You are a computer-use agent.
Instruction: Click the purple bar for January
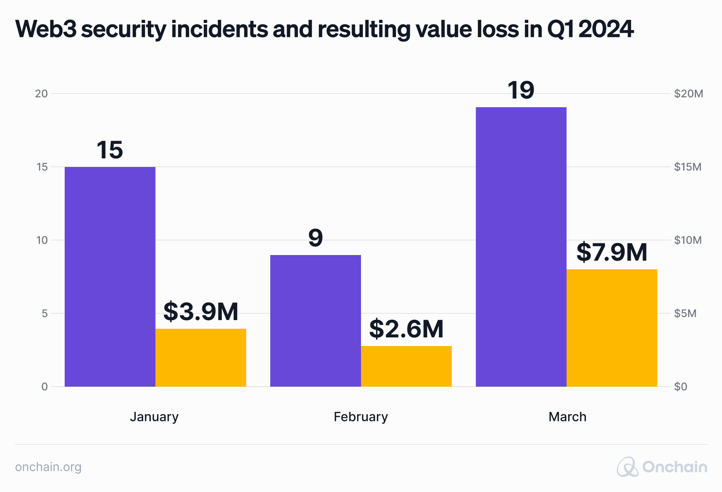point(110,276)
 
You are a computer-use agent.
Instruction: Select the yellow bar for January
point(201,357)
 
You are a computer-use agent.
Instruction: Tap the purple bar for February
point(315,320)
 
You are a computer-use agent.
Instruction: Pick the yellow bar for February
point(406,366)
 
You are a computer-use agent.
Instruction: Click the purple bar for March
point(521,247)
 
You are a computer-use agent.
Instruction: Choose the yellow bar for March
point(612,328)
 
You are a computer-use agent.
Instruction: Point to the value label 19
point(521,90)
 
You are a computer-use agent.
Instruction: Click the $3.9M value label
point(201,311)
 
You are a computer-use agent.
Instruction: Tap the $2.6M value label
point(406,329)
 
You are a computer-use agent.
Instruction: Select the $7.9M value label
point(612,252)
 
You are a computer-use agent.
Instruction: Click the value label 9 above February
point(315,238)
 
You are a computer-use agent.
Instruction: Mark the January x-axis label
point(154,417)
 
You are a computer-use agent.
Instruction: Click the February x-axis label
point(361,417)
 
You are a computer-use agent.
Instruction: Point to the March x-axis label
point(567,417)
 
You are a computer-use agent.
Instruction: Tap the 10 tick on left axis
point(42,240)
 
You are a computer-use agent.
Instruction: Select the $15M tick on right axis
point(687,167)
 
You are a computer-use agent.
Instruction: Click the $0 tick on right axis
point(680,387)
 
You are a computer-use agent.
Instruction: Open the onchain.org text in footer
point(48,467)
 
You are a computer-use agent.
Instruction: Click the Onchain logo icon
point(627,467)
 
